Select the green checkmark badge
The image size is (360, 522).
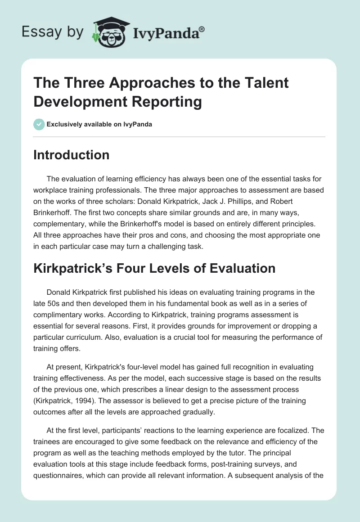[39, 124]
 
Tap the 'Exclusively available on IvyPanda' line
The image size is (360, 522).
[99, 124]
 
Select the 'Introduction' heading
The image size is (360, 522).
[72, 155]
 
